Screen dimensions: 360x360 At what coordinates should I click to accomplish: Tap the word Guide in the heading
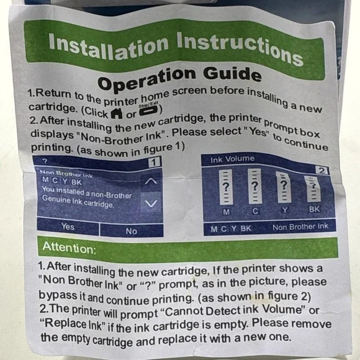(232, 74)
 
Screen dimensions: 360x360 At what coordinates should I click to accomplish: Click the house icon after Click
(117, 113)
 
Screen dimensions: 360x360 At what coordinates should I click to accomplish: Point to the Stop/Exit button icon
(148, 111)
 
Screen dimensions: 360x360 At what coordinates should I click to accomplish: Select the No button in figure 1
(132, 231)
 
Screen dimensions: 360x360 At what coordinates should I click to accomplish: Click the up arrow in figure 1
(151, 181)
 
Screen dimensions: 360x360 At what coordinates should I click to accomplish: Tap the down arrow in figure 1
(151, 203)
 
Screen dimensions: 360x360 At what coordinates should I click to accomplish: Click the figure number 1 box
(154, 163)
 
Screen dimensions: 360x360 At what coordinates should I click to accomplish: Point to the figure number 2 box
(322, 170)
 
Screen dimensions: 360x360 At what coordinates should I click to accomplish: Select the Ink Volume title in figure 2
(232, 159)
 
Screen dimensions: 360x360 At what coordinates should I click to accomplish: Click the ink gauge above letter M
(226, 187)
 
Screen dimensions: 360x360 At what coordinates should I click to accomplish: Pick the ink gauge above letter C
(254, 186)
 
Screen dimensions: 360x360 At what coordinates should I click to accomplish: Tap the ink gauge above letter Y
(284, 187)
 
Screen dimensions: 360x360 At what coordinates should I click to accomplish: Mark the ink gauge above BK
(313, 189)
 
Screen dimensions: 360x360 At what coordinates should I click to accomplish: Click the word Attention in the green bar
(69, 248)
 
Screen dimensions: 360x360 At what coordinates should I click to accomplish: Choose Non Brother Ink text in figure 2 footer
(300, 227)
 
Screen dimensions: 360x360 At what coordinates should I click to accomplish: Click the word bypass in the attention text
(58, 295)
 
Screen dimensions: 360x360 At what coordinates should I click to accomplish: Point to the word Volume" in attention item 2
(284, 310)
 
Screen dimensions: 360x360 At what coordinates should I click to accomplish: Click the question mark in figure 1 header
(45, 161)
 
